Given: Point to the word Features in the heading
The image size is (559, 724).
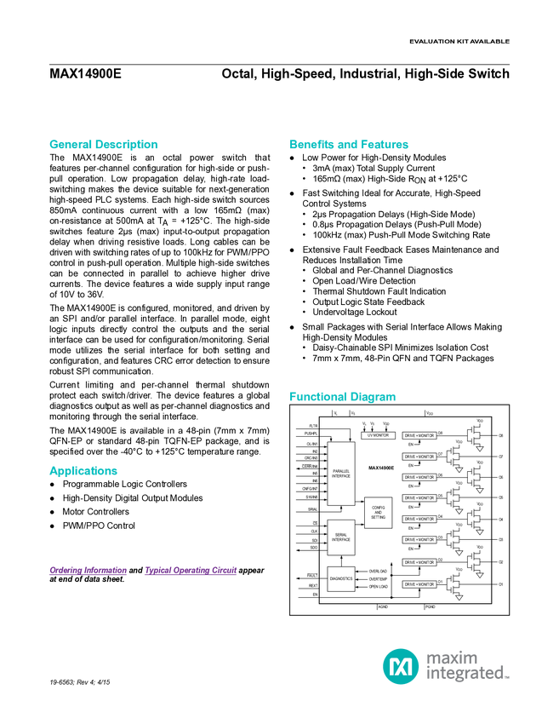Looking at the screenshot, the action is click(x=385, y=145).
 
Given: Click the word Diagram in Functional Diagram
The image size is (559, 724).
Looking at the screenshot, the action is click(x=374, y=397).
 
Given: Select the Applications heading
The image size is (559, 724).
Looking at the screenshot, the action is click(x=83, y=471).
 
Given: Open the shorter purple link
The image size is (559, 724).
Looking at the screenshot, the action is click(x=88, y=572).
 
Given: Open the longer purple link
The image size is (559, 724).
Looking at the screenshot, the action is click(x=191, y=572).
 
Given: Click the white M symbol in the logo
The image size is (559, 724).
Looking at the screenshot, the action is click(x=400, y=665).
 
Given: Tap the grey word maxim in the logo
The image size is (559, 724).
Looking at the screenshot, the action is click(x=452, y=657).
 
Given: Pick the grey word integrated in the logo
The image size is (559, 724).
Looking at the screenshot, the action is click(x=467, y=675).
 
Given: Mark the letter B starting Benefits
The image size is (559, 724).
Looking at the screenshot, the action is click(x=293, y=145).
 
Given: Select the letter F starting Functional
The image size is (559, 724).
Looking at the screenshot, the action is click(x=292, y=397).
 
